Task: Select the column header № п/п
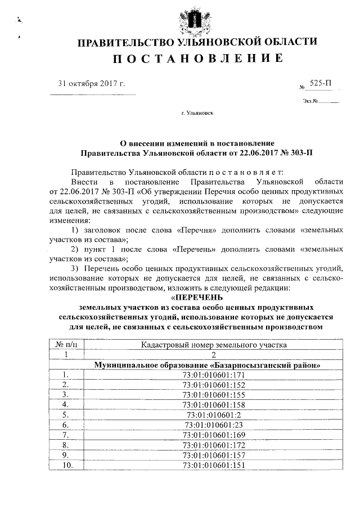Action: point(66,344)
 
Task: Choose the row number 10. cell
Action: point(66,465)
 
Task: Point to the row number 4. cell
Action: point(66,404)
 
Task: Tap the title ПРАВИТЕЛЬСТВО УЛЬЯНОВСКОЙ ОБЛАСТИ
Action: point(196,42)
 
